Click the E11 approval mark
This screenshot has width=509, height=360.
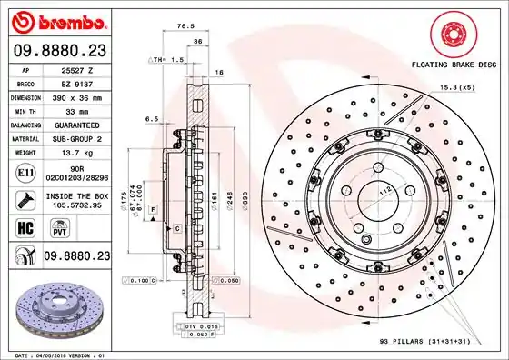tap(26, 171)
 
